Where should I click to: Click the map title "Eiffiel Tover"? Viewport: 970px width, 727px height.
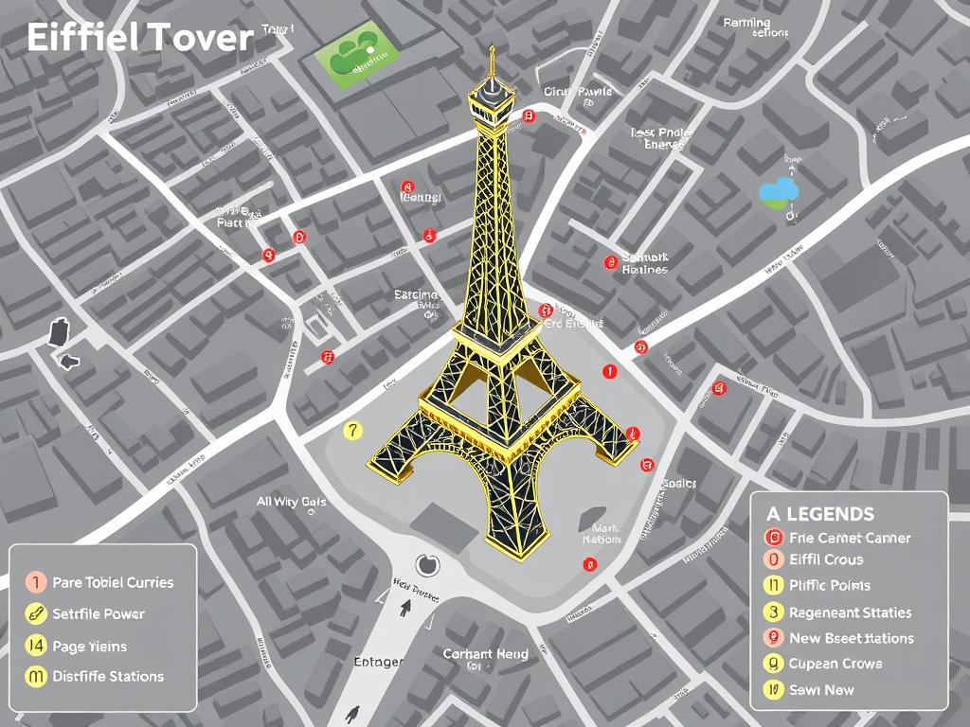(x=140, y=38)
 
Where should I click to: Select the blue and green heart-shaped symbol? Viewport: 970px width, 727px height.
(x=779, y=193)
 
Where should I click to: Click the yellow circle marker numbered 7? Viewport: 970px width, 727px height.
(x=352, y=430)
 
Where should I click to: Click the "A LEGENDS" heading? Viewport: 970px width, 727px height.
(x=819, y=514)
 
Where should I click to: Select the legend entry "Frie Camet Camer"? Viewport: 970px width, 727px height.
(x=849, y=538)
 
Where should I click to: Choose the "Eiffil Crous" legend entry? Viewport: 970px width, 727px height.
(x=825, y=559)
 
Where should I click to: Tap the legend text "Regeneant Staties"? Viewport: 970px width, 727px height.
(x=850, y=612)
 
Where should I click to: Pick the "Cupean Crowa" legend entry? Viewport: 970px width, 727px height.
(x=835, y=664)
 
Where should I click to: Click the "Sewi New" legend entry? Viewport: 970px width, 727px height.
(x=822, y=690)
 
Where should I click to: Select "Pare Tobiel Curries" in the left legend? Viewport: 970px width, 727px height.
(x=113, y=582)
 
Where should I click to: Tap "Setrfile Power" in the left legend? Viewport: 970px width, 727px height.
(x=99, y=613)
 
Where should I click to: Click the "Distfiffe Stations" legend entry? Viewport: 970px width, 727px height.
(x=108, y=676)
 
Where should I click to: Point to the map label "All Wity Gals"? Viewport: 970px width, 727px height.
(x=292, y=502)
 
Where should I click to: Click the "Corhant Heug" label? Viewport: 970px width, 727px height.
(x=485, y=654)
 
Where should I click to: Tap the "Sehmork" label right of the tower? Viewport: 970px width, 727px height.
(x=645, y=257)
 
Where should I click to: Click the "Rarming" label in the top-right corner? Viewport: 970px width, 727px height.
(x=746, y=23)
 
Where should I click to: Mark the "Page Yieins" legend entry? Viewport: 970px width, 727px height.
(x=89, y=647)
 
